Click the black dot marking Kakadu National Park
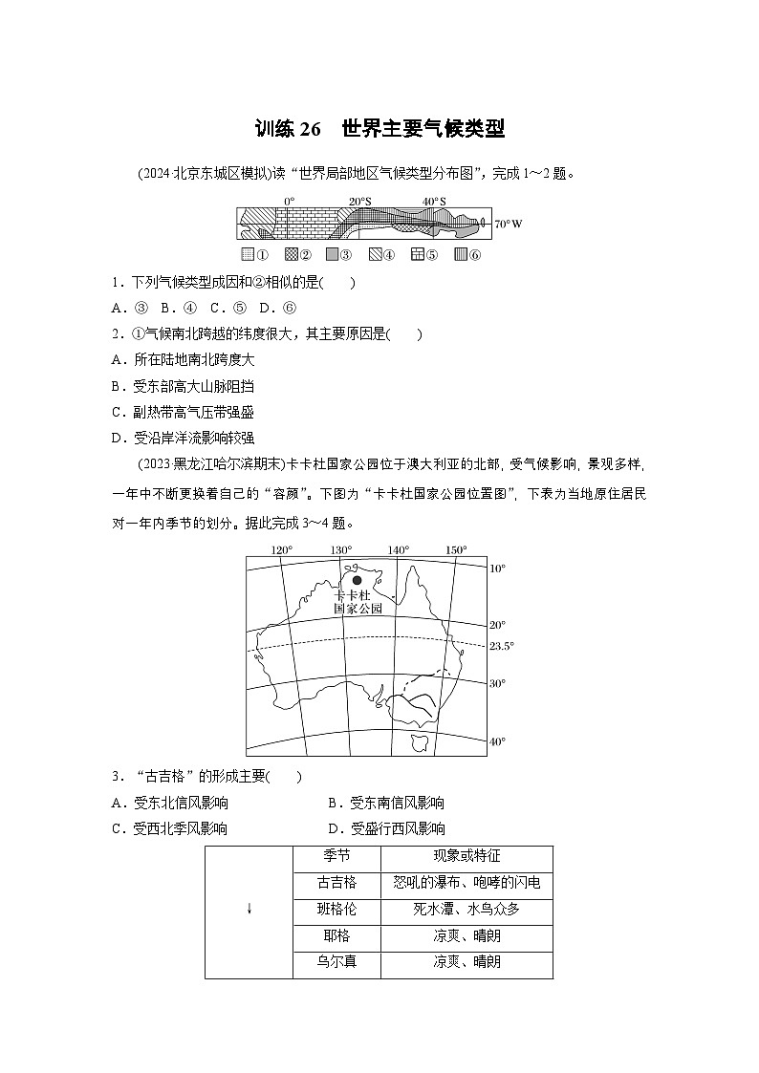pyautogui.click(x=357, y=580)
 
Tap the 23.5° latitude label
pyautogui.click(x=502, y=646)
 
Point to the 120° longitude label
pyautogui.click(x=281, y=550)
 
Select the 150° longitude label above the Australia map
pyautogui.click(x=457, y=550)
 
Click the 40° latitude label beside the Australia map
pyautogui.click(x=497, y=741)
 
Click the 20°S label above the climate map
pyautogui.click(x=359, y=202)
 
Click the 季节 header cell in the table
pyautogui.click(x=336, y=857)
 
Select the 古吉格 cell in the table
pyautogui.click(x=336, y=883)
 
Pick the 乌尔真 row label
pyautogui.click(x=336, y=962)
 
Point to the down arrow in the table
pyautogui.click(x=249, y=909)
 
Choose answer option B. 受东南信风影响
pyautogui.click(x=386, y=804)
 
